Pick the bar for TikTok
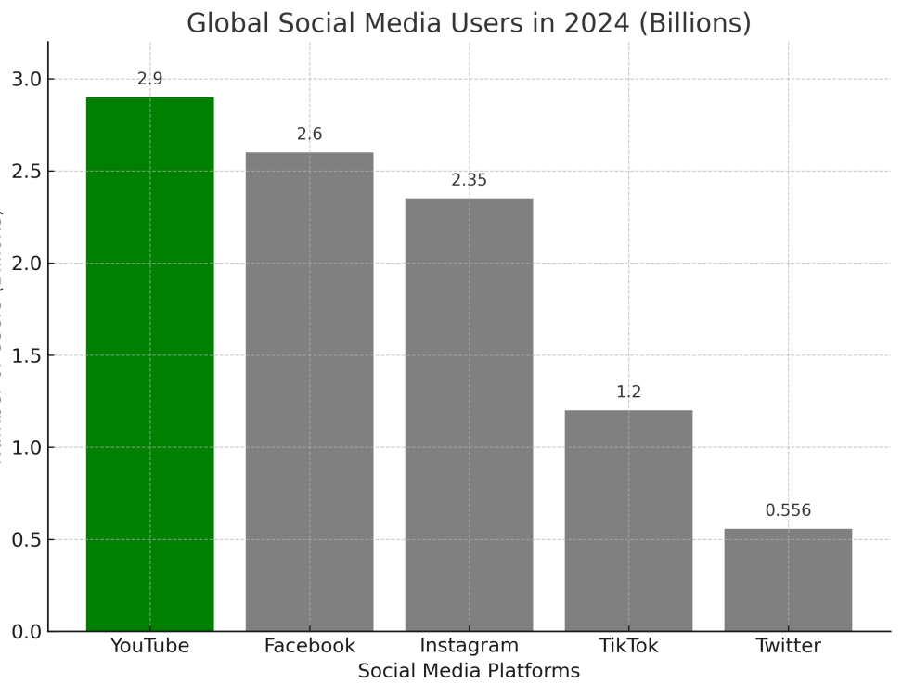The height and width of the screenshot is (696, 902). (x=628, y=521)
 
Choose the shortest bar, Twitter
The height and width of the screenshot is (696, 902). (x=788, y=580)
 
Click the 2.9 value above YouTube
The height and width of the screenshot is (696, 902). (x=149, y=79)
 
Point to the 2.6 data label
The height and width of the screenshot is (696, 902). (x=309, y=135)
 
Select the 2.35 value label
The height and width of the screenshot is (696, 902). (x=469, y=180)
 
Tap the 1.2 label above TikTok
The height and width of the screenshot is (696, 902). (x=628, y=393)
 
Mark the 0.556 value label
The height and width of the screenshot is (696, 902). (x=788, y=510)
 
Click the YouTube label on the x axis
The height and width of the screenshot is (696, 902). (x=149, y=646)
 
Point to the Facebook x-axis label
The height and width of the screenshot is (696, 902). (x=309, y=646)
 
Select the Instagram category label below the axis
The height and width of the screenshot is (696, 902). (x=469, y=646)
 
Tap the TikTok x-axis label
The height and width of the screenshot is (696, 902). (x=628, y=646)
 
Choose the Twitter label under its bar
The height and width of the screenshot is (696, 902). (x=788, y=646)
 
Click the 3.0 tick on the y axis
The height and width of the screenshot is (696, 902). (x=27, y=79)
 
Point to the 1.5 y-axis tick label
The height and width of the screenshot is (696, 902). (x=27, y=355)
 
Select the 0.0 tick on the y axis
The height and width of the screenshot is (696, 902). (x=27, y=632)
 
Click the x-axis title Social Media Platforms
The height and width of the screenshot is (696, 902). (x=469, y=671)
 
